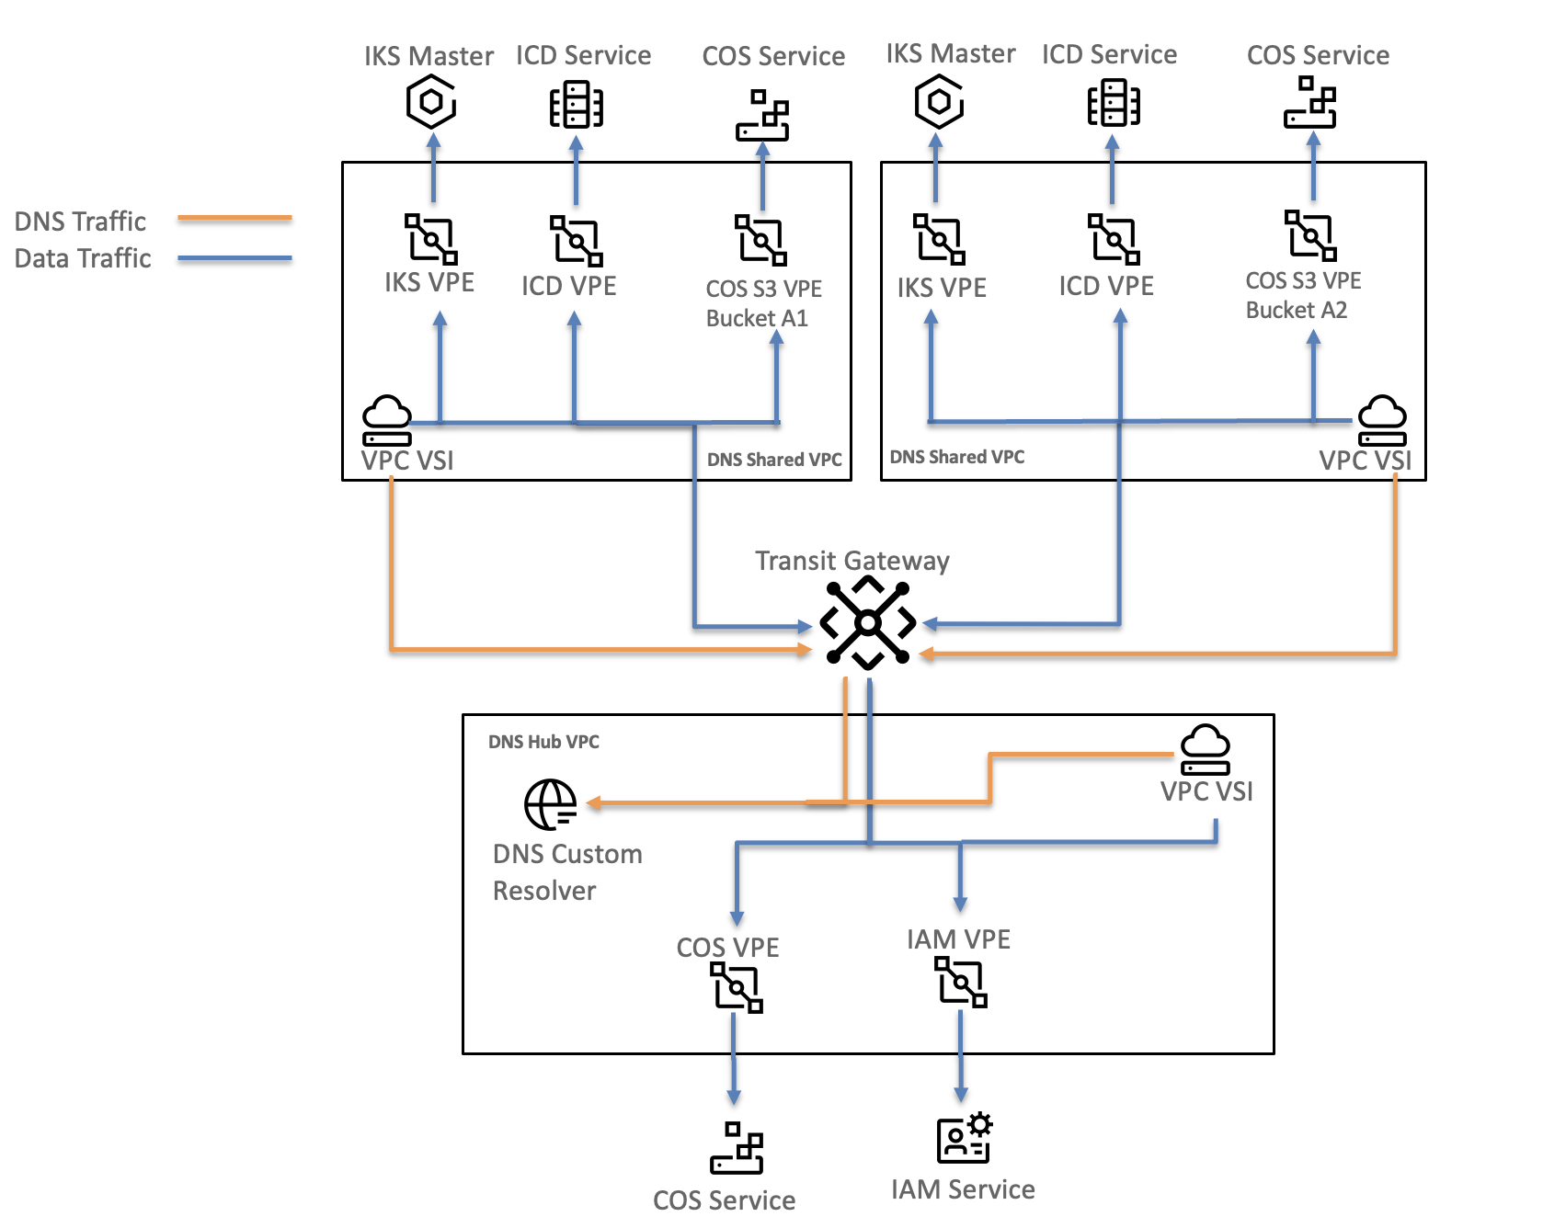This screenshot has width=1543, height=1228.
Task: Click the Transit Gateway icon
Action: click(x=867, y=623)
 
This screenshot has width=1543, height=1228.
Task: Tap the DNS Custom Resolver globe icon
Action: click(x=550, y=804)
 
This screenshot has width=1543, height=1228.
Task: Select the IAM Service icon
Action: click(x=964, y=1138)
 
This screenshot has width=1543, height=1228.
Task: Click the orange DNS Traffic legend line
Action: click(x=234, y=219)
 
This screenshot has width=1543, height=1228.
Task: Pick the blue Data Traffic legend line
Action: click(x=234, y=259)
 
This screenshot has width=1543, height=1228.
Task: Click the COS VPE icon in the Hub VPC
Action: click(x=737, y=987)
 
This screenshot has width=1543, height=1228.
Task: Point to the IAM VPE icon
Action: click(x=961, y=982)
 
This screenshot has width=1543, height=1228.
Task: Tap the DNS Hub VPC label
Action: click(x=543, y=742)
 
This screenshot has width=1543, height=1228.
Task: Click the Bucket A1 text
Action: click(x=757, y=318)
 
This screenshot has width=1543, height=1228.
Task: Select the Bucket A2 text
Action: click(x=1297, y=310)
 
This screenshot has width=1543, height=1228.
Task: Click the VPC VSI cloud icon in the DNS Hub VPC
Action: click(x=1205, y=750)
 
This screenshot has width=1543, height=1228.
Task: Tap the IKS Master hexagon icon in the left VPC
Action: click(x=431, y=102)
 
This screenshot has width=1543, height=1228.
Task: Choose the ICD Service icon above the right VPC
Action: click(x=1114, y=103)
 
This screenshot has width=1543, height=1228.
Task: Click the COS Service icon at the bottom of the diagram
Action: click(x=737, y=1148)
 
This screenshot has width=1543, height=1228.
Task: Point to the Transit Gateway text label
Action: click(x=852, y=561)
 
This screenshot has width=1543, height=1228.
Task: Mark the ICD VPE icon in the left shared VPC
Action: click(x=576, y=241)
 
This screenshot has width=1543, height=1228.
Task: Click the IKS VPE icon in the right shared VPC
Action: click(x=939, y=239)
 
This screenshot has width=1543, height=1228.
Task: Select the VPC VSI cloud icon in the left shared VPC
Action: click(x=386, y=421)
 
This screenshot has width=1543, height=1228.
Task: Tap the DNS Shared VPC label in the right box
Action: click(x=956, y=457)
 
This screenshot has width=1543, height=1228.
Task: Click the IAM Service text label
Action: click(x=963, y=1189)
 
